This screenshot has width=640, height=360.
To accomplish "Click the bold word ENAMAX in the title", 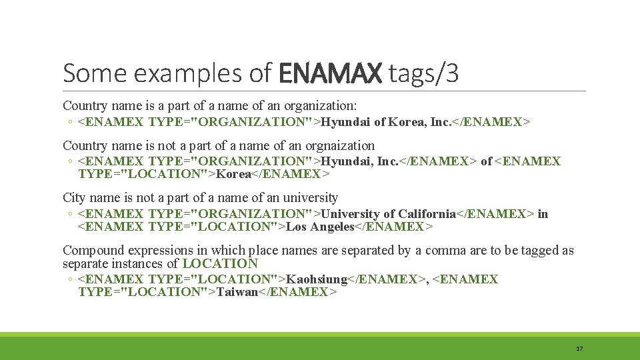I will [329, 73].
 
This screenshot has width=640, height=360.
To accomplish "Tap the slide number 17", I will [579, 349].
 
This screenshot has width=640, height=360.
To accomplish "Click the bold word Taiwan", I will [237, 292].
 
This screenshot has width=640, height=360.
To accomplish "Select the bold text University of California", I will [388, 214].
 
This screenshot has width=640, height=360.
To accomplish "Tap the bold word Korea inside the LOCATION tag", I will [234, 174].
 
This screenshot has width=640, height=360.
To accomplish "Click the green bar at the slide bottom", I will [320, 346].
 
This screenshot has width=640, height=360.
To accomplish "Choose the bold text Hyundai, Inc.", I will [359, 161].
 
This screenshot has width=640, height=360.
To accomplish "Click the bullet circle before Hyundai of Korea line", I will [70, 123].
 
